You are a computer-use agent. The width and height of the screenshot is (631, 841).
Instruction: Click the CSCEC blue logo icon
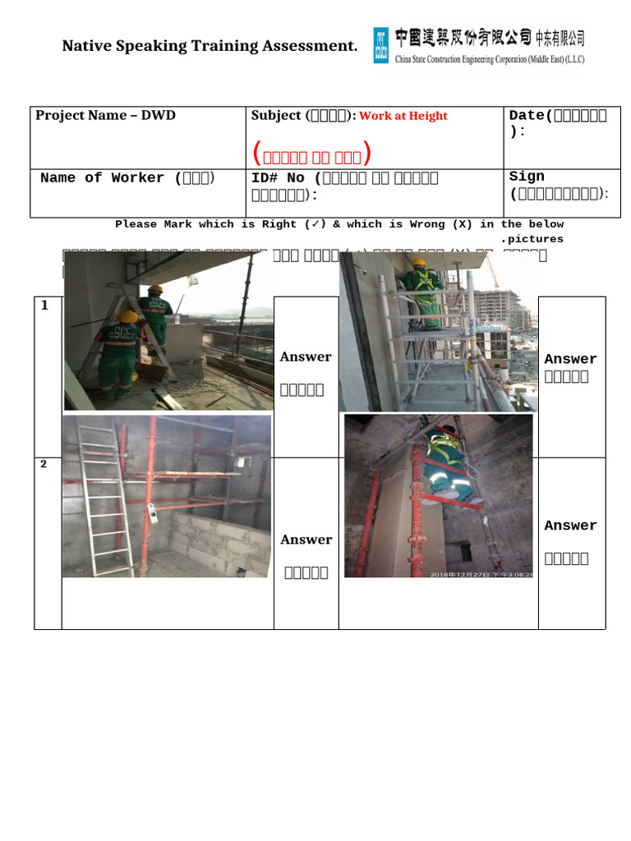381,45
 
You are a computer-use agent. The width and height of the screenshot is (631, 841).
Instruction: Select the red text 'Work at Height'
403,116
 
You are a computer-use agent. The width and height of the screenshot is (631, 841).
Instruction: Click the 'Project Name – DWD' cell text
105,115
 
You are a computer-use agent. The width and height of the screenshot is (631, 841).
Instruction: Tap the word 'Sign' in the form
527,177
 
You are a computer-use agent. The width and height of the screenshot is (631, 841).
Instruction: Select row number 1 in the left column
44,306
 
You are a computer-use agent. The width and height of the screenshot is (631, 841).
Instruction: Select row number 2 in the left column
44,464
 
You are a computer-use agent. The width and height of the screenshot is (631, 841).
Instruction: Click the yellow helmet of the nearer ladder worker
127,316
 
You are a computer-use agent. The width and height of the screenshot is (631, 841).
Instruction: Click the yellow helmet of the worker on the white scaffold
419,264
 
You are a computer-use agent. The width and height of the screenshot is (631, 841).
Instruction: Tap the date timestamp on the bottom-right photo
481,573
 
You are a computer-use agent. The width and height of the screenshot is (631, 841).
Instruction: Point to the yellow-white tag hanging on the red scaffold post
152,513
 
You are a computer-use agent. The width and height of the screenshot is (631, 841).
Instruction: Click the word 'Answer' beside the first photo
306,356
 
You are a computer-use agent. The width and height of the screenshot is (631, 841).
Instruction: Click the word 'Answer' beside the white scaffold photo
570,359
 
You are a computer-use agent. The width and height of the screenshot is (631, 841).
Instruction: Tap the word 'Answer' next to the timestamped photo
570,526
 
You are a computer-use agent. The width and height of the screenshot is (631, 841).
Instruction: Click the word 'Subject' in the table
276,116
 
